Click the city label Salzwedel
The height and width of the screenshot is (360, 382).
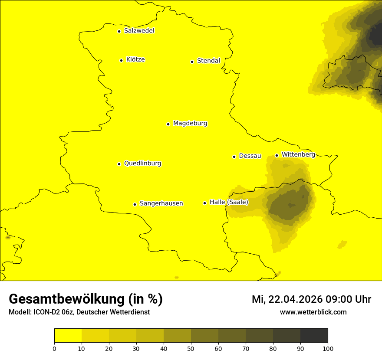pos(139,31)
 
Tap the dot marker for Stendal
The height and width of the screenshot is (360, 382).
pos(192,62)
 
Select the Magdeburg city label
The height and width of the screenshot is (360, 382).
pos(190,124)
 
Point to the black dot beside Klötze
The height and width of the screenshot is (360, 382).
pos(121,60)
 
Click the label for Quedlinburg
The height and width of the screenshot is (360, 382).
pos(142,164)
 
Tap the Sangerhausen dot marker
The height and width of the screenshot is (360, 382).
pos(135,204)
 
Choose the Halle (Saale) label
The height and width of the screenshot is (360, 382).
pos(229,202)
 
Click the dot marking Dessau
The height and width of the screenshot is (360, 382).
pos(234,157)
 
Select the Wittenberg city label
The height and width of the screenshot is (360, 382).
pos(298,155)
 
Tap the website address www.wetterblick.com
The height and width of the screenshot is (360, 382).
pos(313,312)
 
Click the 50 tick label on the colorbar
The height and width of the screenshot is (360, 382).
pos(191,348)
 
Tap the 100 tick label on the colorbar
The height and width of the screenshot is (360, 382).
pos(328,348)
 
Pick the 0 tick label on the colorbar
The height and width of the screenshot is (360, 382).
pos(54,348)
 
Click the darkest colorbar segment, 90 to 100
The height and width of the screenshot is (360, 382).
pos(314,335)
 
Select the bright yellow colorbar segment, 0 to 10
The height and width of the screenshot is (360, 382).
pos(68,335)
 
